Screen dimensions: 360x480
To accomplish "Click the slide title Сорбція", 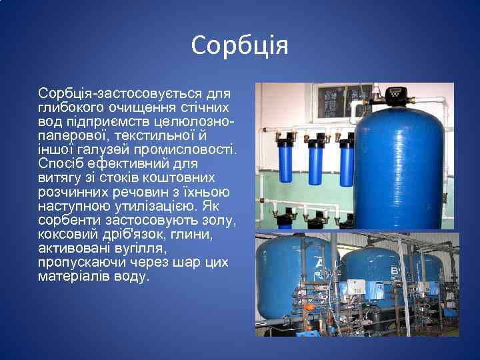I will pyautogui.click(x=239, y=46).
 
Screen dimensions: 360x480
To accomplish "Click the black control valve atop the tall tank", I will pyautogui.click(x=397, y=95).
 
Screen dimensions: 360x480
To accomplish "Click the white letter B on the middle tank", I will pyautogui.click(x=393, y=271).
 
